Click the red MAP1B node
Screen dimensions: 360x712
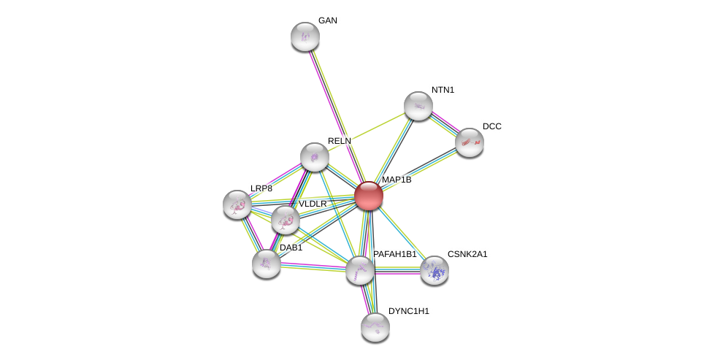(369, 196)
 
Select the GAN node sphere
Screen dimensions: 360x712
(305, 37)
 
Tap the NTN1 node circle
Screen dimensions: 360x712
(418, 106)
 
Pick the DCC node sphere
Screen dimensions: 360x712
(469, 142)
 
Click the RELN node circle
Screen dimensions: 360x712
(315, 157)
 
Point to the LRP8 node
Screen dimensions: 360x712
(237, 204)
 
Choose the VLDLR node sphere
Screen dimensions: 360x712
(285, 219)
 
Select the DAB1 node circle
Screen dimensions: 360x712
(267, 264)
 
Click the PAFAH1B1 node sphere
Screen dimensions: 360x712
(360, 270)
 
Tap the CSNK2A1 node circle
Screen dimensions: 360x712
(435, 270)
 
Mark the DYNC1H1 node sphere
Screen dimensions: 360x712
(375, 326)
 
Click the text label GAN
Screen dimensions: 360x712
(327, 20)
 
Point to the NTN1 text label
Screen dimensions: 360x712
(443, 90)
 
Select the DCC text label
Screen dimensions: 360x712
(491, 126)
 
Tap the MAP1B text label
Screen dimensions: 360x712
(397, 180)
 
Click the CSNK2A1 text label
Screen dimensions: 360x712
(467, 254)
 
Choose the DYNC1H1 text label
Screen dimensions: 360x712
(408, 311)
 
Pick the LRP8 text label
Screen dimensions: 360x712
(261, 188)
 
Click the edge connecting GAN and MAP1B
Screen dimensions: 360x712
(337, 115)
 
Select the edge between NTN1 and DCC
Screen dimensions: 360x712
(444, 124)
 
